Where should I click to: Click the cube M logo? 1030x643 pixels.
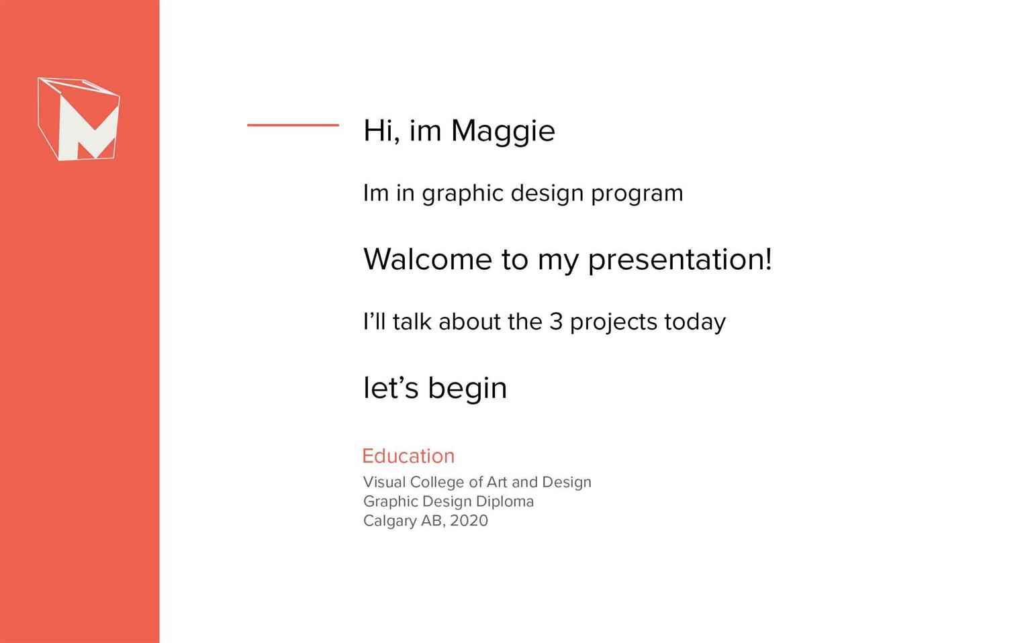pos(79,119)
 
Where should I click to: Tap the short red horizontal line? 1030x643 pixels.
pos(293,125)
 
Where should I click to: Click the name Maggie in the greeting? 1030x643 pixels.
pos(503,132)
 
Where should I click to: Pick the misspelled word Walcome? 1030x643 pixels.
pos(428,259)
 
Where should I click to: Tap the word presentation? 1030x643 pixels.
pos(680,260)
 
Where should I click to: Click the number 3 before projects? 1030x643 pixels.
pos(556,321)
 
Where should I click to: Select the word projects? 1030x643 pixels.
pos(614,323)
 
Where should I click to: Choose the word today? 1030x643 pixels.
pos(695,323)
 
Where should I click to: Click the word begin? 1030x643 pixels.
pos(467,389)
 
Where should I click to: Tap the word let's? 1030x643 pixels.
pos(391,388)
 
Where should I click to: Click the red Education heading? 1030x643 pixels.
pos(408,456)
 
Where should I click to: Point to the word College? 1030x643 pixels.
pos(437,483)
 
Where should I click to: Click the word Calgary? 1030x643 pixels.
pos(389,522)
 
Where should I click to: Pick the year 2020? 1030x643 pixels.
pos(469,521)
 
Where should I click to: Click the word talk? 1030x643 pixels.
pos(412,321)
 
